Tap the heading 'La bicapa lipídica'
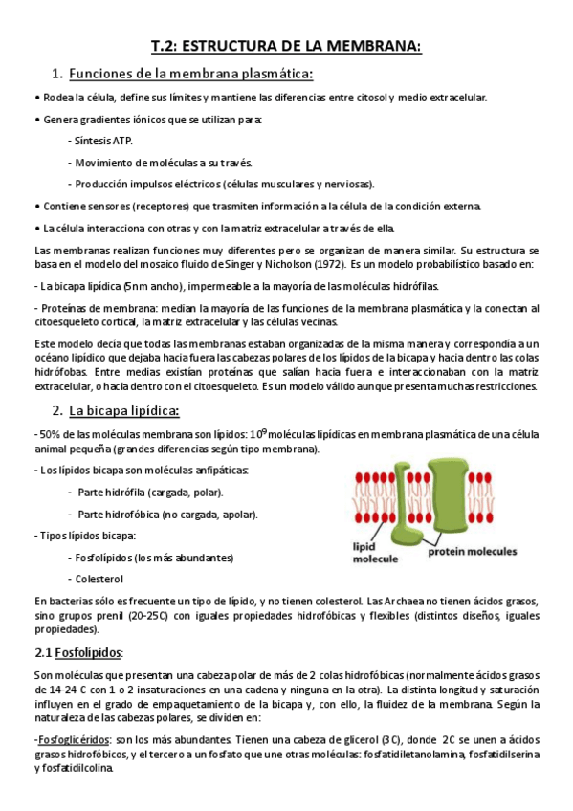(x=124, y=410)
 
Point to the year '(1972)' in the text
(x=327, y=263)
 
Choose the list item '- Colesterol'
(x=97, y=579)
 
